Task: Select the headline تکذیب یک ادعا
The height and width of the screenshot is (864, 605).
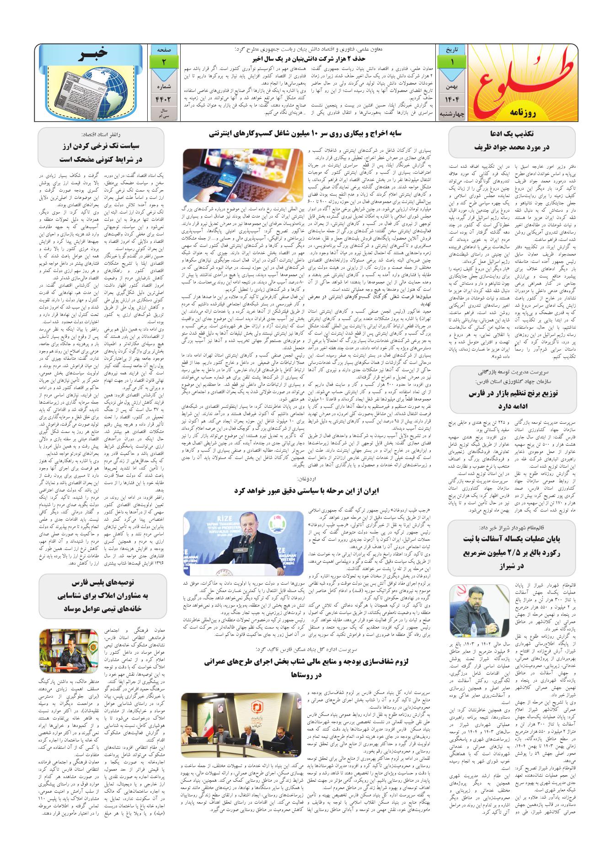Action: coord(512,135)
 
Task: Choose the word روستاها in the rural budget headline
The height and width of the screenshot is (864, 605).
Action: coord(307,674)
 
